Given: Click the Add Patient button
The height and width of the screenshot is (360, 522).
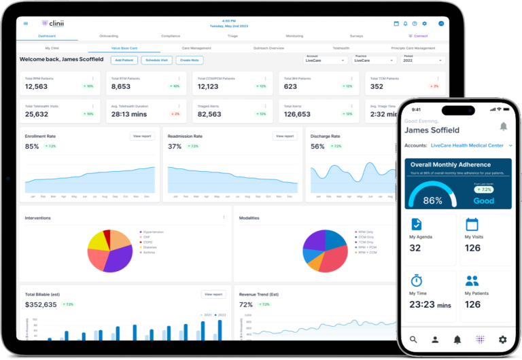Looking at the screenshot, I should click(124, 60).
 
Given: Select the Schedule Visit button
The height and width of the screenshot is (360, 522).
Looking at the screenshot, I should click(156, 60).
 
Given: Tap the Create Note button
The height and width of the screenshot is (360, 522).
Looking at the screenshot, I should click(190, 60).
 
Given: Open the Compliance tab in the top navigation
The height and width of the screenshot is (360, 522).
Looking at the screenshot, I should click(171, 35).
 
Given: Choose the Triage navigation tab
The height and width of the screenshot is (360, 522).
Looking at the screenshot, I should click(232, 35).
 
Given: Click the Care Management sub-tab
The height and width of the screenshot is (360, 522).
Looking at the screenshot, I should click(196, 48).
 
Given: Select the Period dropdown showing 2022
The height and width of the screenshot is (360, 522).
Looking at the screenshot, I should click(423, 60).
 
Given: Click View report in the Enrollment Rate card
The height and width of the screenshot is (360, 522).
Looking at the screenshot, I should click(142, 136).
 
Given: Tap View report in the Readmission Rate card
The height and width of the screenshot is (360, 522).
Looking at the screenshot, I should click(285, 136).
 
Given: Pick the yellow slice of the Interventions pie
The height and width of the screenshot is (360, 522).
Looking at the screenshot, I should click(99, 240).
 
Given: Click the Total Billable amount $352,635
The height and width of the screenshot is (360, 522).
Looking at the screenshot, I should click(41, 304).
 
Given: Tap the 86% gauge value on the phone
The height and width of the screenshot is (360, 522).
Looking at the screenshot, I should click(433, 200).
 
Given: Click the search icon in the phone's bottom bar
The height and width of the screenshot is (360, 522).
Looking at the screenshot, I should click(413, 339).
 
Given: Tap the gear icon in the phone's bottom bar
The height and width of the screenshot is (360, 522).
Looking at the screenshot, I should click(503, 339).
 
